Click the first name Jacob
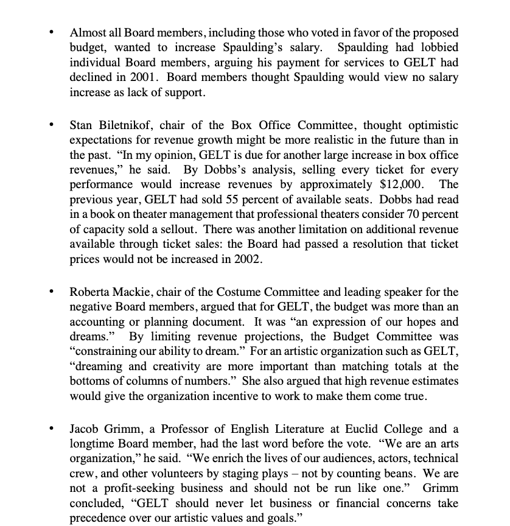pos(85,429)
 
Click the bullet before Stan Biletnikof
pos(53,125)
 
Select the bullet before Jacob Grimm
pos(53,429)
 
